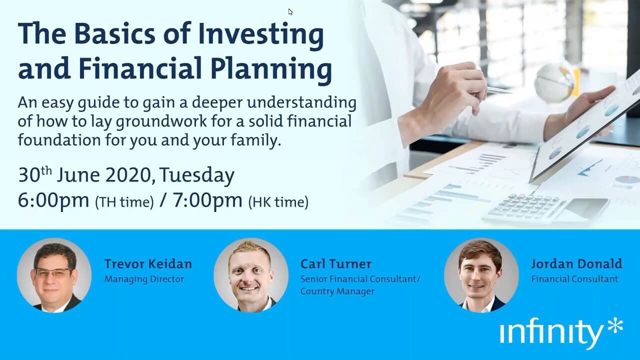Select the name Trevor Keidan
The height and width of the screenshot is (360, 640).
click(x=148, y=263)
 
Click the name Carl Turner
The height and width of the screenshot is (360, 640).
click(x=336, y=263)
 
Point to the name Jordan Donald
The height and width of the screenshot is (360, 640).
click(x=576, y=263)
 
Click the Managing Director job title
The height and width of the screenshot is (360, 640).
click(x=144, y=279)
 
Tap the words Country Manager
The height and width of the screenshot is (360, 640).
click(x=337, y=291)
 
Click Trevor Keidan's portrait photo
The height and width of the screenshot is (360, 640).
click(x=54, y=275)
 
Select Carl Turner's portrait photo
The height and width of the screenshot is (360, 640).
click(x=251, y=275)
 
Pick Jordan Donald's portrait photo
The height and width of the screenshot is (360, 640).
click(x=481, y=275)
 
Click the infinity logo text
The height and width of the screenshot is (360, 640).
click(x=551, y=333)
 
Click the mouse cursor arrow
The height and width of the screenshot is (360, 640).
click(x=290, y=11)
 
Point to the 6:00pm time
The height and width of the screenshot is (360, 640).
click(x=53, y=201)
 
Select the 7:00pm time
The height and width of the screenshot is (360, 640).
click(x=207, y=201)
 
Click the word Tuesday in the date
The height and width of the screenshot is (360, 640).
click(x=197, y=175)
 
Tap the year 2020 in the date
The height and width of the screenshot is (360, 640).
click(x=128, y=175)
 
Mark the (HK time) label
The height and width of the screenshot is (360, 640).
click(x=278, y=202)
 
